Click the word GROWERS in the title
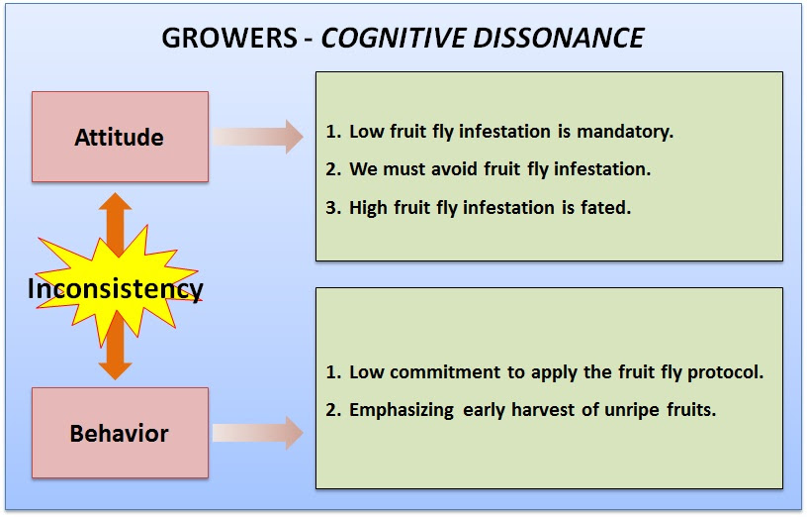click(x=229, y=38)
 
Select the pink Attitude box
click(x=120, y=137)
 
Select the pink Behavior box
click(x=120, y=433)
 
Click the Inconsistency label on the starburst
click(x=116, y=288)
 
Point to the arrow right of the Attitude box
click(x=258, y=137)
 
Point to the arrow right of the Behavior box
click(x=258, y=433)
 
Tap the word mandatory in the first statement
click(x=625, y=132)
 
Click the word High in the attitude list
click(x=369, y=208)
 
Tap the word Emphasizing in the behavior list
click(x=402, y=411)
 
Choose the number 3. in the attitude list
click(x=333, y=207)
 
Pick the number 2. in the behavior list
click(x=333, y=410)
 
